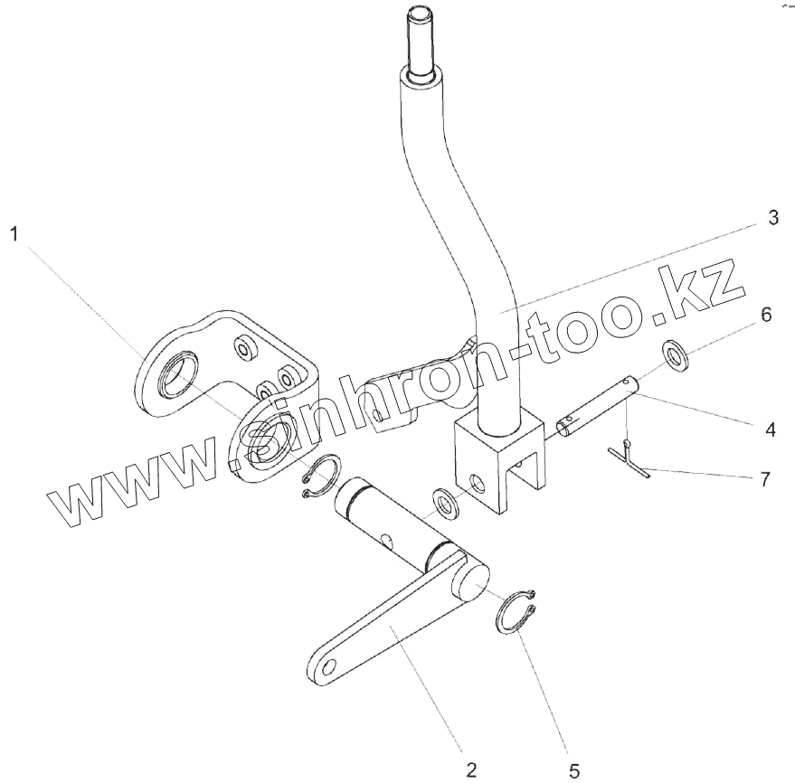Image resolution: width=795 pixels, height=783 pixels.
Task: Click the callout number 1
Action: pos(14,235)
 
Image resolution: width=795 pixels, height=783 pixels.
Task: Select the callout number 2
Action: pos(470,769)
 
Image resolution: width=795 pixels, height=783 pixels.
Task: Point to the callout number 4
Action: pos(770,430)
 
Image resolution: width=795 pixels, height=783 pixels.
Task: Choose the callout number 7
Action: pos(765,479)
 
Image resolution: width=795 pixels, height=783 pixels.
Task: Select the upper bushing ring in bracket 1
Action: pos(179,373)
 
